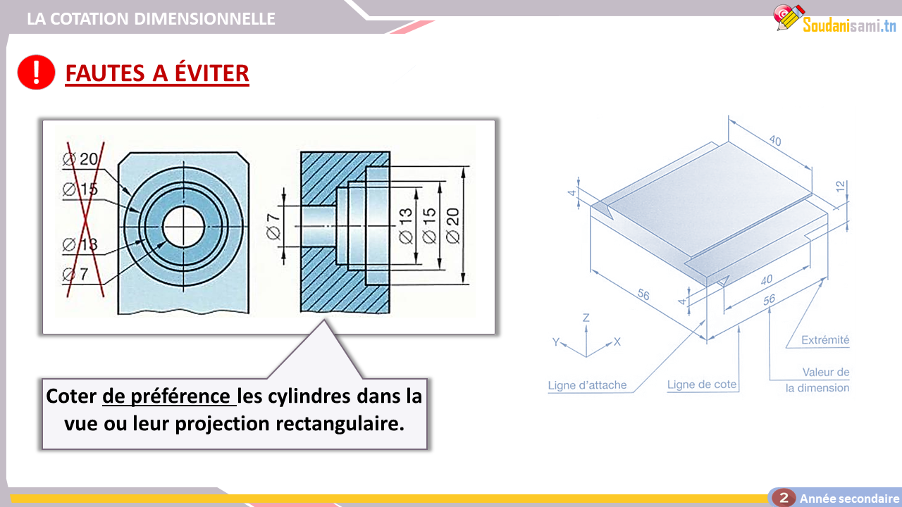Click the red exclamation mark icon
pyautogui.click(x=36, y=72)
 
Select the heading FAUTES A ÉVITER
pyautogui.click(x=157, y=73)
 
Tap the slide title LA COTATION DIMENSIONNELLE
pyautogui.click(x=151, y=18)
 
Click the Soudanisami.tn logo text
pyautogui.click(x=849, y=25)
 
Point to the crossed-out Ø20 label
pyautogui.click(x=80, y=159)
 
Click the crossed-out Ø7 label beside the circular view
pyautogui.click(x=75, y=275)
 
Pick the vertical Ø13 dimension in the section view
pyautogui.click(x=406, y=226)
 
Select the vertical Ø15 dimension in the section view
pyautogui.click(x=429, y=226)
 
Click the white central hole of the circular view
pyautogui.click(x=184, y=227)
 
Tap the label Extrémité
pyautogui.click(x=825, y=340)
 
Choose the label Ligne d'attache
pyautogui.click(x=587, y=385)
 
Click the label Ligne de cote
pyautogui.click(x=702, y=384)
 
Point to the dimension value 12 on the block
pyautogui.click(x=840, y=187)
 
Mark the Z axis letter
pyautogui.click(x=586, y=318)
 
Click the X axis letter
pyautogui.click(x=617, y=342)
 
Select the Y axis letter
pyautogui.click(x=556, y=342)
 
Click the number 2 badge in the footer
pyautogui.click(x=784, y=498)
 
